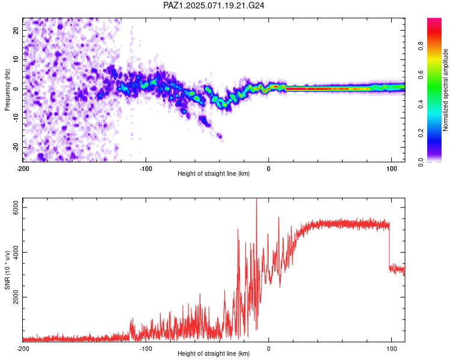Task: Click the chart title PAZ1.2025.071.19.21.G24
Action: point(214,5)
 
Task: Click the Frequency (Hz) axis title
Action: point(7,90)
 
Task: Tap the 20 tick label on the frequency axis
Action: point(16,30)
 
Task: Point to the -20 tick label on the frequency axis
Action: point(16,147)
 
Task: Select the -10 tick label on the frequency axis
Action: point(16,118)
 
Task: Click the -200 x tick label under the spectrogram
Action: point(23,169)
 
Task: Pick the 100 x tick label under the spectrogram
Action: point(391,169)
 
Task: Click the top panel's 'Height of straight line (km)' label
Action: point(214,173)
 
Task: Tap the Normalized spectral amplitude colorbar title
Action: point(445,90)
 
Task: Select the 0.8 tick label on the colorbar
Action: point(421,46)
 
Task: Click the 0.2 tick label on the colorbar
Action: point(421,133)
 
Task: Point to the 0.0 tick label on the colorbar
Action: point(421,162)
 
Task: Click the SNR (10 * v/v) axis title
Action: point(7,270)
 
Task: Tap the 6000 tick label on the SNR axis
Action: point(16,207)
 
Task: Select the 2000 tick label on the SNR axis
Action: point(16,297)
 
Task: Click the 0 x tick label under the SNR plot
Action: point(269,349)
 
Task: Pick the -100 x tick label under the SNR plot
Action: point(146,349)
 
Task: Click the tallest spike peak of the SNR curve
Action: point(257,199)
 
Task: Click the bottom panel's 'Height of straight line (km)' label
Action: point(214,353)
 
